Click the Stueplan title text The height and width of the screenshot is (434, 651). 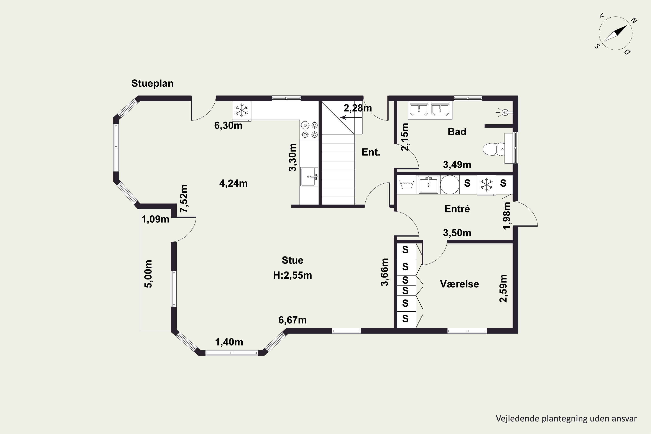(x=152, y=83)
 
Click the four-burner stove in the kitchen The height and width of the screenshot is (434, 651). (x=309, y=130)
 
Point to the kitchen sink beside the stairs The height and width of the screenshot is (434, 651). (x=309, y=177)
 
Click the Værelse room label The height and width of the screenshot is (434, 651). (x=459, y=284)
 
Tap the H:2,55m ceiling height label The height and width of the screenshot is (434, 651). (x=292, y=275)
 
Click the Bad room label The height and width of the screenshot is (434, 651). (x=457, y=132)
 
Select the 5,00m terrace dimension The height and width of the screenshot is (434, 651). (x=148, y=274)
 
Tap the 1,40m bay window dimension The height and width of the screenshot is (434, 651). (x=229, y=342)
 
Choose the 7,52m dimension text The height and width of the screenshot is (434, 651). (x=184, y=199)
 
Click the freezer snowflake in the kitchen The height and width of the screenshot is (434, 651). (x=242, y=110)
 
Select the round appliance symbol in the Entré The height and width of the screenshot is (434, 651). (x=450, y=184)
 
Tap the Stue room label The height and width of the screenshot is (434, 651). (x=292, y=260)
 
